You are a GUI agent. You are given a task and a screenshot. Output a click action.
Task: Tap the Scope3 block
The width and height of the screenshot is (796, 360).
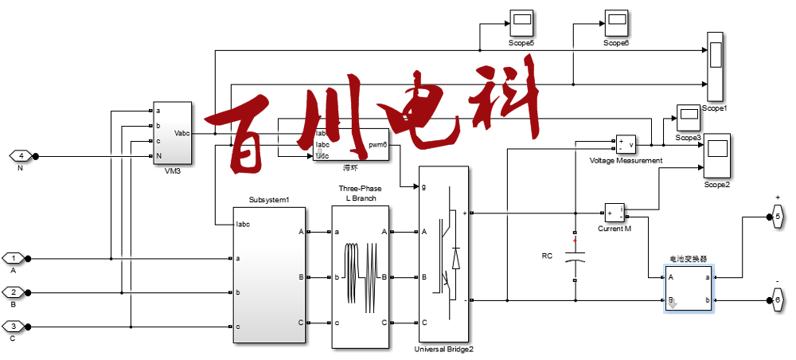pos(687,118)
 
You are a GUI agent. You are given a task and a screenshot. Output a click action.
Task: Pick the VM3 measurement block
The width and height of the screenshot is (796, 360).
pos(172,132)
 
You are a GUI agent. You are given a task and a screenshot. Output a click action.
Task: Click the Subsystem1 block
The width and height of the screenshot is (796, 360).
pos(269,275)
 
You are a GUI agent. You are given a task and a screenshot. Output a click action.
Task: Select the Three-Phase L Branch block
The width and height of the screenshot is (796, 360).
pos(360,276)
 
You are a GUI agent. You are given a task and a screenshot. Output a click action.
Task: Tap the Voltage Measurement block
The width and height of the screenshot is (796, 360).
pos(625,145)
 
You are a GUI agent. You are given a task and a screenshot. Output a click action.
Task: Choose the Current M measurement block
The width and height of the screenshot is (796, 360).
pos(615,213)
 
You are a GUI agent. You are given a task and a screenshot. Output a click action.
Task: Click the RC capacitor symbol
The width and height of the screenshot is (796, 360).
pos(575,258)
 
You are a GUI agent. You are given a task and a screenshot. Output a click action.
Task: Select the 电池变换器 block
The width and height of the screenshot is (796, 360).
pos(689,288)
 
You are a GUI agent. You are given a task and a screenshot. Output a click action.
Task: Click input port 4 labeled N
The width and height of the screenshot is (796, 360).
pos(21,156)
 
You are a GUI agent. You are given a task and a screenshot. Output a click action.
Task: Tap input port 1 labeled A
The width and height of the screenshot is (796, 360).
pos(14,258)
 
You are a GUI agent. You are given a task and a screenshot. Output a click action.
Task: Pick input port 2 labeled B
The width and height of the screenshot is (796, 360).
pos(14,292)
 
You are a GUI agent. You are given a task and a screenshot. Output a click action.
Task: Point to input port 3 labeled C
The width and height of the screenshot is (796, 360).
pos(14,327)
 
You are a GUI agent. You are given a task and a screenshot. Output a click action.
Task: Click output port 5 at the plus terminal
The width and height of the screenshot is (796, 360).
pos(778,216)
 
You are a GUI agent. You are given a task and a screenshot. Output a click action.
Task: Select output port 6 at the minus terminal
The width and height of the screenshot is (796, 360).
pos(778,300)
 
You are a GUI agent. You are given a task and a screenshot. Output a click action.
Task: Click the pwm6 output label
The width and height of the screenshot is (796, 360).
pos(377,145)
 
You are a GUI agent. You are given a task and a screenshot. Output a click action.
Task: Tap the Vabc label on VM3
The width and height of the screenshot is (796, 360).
pos(181,133)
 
